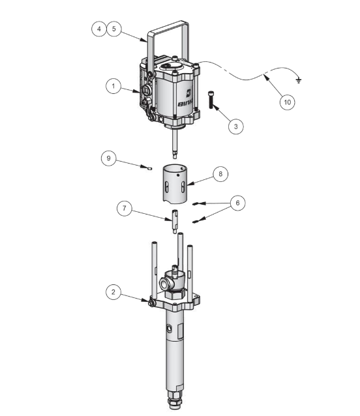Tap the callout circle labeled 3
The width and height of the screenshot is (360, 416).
tap(236, 126)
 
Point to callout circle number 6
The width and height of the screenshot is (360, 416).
tap(237, 203)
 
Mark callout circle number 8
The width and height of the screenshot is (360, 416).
tap(220, 174)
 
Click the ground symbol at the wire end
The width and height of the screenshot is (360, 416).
tap(298, 81)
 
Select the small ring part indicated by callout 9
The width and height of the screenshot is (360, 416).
tap(149, 168)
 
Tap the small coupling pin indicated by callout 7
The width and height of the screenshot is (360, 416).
tap(175, 220)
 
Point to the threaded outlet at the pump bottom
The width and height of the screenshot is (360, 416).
tap(176, 400)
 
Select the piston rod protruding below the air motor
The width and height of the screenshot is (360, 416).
tap(177, 143)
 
